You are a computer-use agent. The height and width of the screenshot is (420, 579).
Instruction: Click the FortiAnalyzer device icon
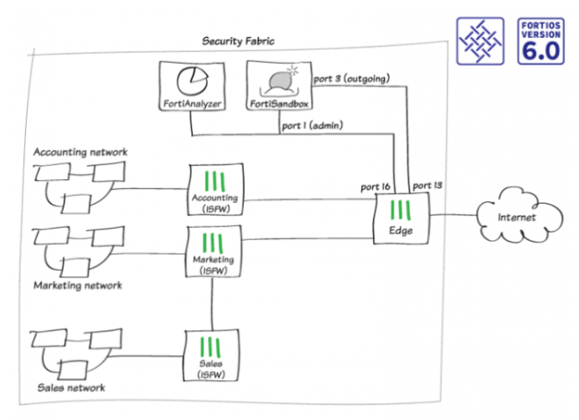(x=191, y=86)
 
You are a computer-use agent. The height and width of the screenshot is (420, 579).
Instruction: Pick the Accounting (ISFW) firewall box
(x=214, y=189)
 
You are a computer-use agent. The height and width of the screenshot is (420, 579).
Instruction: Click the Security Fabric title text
(x=238, y=41)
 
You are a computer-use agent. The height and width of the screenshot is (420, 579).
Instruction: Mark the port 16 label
(x=377, y=186)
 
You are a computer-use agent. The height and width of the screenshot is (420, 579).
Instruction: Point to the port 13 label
(x=427, y=186)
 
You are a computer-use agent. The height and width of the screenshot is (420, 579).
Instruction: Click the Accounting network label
(x=80, y=151)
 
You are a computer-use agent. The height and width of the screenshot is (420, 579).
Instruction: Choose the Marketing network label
(x=77, y=286)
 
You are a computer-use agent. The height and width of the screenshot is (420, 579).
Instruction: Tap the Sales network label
(x=71, y=388)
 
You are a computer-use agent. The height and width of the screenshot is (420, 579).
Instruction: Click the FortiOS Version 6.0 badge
(x=541, y=40)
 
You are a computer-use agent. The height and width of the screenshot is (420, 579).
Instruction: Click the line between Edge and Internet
(x=453, y=218)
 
